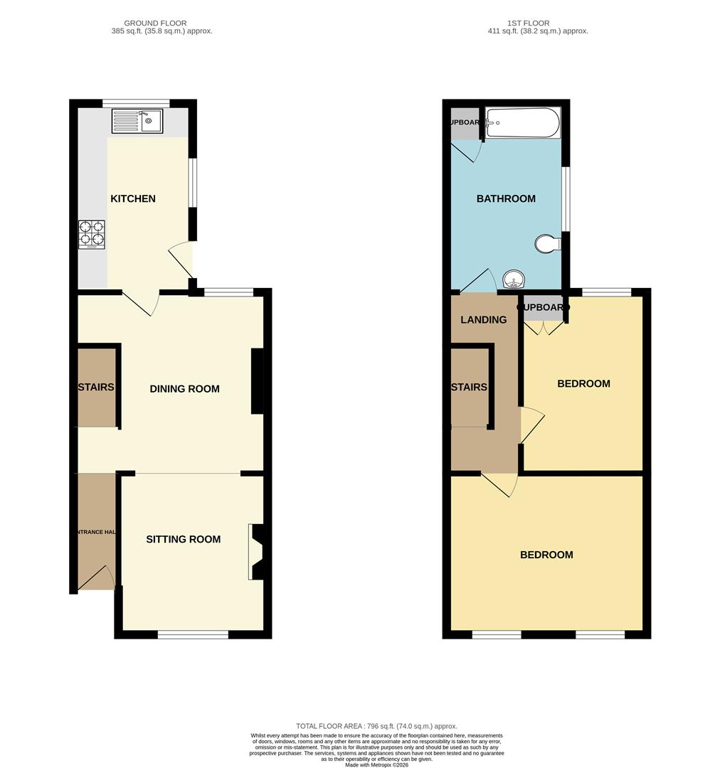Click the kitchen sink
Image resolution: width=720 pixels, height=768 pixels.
pyautogui.click(x=137, y=121)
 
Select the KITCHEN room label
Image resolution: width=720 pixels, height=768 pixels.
pyautogui.click(x=133, y=198)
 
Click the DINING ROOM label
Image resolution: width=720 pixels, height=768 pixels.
pyautogui.click(x=184, y=389)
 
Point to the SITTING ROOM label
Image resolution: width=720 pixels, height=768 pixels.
pyautogui.click(x=184, y=539)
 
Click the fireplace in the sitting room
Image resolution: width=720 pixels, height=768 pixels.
pyautogui.click(x=255, y=552)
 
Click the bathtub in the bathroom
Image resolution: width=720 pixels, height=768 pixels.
pyautogui.click(x=522, y=123)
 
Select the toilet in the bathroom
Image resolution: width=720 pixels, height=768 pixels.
pyautogui.click(x=547, y=244)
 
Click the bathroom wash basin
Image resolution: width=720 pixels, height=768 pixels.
pyautogui.click(x=512, y=279)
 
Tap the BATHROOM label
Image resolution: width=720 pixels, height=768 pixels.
pyautogui.click(x=506, y=198)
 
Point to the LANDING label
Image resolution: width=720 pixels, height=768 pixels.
pyautogui.click(x=484, y=320)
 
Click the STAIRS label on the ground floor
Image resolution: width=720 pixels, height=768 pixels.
pyautogui.click(x=96, y=388)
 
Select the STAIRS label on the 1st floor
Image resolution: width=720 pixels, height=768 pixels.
pyautogui.click(x=469, y=388)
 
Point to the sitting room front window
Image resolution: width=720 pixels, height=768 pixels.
pyautogui.click(x=193, y=634)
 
